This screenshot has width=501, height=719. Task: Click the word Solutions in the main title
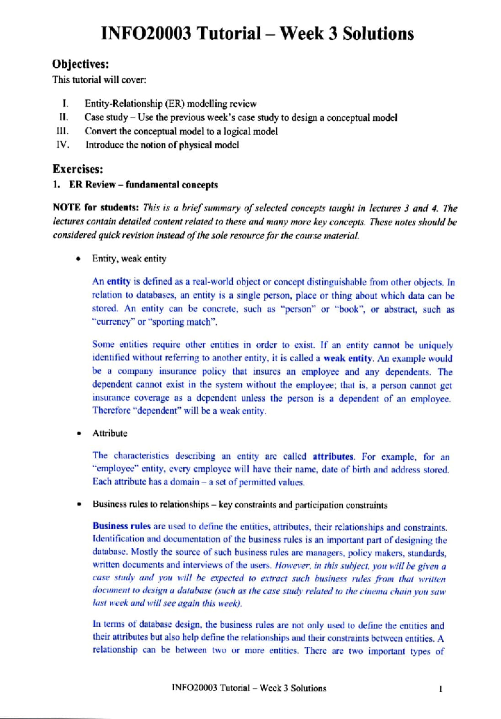tap(378, 34)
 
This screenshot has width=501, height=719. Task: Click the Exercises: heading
tap(78, 169)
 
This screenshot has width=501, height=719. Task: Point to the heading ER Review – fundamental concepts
tap(143, 185)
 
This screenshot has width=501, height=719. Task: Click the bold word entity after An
tap(119, 282)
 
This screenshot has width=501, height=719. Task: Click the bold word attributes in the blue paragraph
tap(333, 456)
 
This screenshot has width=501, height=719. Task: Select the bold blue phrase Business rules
tap(121, 526)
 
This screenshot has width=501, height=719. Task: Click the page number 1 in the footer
tap(440, 689)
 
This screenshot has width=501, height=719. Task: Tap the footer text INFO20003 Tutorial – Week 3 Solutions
tap(249, 688)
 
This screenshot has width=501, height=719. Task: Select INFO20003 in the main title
tap(146, 34)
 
